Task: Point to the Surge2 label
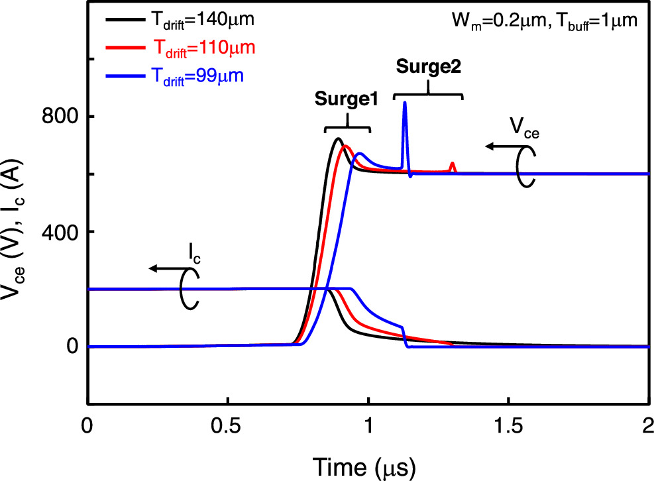point(427,67)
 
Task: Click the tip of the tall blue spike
point(404,103)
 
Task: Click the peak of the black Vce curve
point(338,138)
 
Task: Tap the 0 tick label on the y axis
point(72,347)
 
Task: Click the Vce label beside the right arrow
point(524,127)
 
